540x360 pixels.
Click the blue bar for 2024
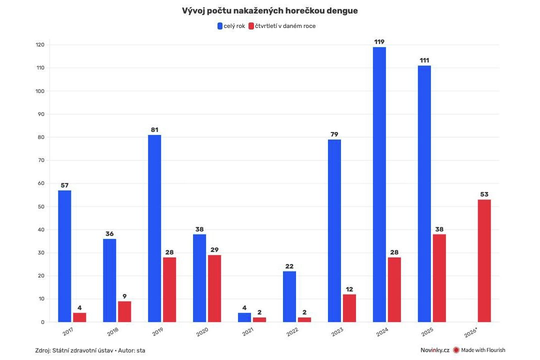379,184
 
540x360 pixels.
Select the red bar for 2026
484,260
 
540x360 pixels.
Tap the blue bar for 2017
64,256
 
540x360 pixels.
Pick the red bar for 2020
214,288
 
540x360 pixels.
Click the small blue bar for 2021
244,317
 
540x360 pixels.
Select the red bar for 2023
349,308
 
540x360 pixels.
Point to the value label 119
379,42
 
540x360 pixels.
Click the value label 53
484,194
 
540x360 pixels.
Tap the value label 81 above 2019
154,130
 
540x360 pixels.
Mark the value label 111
424,60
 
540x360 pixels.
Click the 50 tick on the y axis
41,206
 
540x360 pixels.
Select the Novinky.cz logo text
434,350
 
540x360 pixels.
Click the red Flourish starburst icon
456,350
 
